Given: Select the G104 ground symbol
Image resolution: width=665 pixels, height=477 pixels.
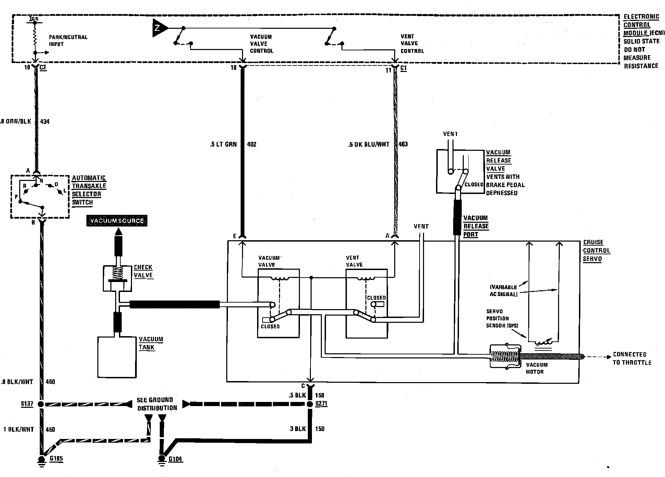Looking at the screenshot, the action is point(161,460).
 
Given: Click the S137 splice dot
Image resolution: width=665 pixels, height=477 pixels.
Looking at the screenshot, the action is point(41,404).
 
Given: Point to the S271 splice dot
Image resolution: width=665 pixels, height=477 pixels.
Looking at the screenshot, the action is point(310,404).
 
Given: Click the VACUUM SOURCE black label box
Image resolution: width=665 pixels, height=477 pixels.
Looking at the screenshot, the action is point(117,221).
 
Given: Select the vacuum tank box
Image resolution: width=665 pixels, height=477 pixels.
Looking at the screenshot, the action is point(117,357).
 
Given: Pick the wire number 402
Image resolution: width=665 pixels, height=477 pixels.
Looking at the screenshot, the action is point(252,144).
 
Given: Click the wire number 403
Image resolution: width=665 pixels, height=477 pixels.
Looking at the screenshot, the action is point(403,144).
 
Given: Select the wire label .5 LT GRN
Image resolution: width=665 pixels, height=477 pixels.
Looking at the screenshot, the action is point(223,144).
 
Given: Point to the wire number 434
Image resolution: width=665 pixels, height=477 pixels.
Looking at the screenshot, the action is point(45,121).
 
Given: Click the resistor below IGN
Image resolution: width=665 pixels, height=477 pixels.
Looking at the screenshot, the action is point(35,37).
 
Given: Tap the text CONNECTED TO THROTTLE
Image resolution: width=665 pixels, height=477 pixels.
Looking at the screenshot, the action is point(632,358).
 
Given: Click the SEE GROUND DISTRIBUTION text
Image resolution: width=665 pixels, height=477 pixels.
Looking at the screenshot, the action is point(157,404).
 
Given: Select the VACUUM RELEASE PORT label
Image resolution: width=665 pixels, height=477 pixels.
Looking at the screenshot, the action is point(476,226).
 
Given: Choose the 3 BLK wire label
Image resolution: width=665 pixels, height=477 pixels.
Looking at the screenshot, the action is point(298,429).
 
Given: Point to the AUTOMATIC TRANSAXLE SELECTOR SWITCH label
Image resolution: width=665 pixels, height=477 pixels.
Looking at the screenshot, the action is point(89,190).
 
